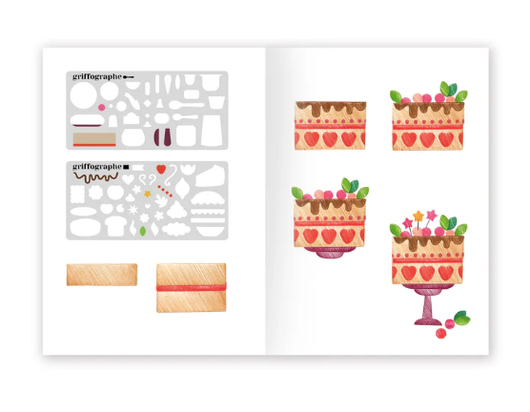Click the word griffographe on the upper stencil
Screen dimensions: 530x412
click(x=97, y=77)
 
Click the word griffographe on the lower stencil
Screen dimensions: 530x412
click(x=97, y=167)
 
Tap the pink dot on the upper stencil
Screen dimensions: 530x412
click(x=101, y=108)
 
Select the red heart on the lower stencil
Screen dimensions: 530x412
click(x=161, y=169)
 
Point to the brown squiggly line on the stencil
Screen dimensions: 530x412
click(x=96, y=177)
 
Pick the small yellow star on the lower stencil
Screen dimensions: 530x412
click(x=148, y=194)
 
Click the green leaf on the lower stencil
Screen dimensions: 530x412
click(x=143, y=231)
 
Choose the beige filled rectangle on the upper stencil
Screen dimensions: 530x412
click(x=94, y=138)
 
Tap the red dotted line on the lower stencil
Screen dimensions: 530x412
click(x=165, y=191)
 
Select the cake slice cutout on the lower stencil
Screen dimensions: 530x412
click(x=211, y=176)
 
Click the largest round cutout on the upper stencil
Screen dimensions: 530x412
click(x=83, y=95)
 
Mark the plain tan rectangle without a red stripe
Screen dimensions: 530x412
click(x=102, y=275)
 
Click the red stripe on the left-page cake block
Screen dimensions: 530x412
click(x=192, y=287)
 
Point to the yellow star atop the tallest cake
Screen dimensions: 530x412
click(x=418, y=216)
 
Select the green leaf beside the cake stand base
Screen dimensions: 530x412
click(x=461, y=318)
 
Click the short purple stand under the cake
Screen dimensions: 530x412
click(x=330, y=252)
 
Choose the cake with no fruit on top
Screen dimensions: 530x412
click(x=330, y=126)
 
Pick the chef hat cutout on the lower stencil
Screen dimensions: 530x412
click(x=116, y=226)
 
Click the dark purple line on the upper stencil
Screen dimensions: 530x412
click(x=87, y=126)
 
